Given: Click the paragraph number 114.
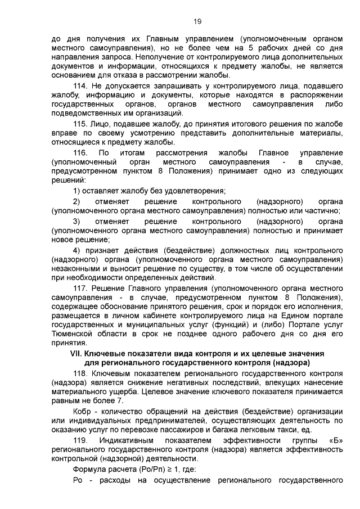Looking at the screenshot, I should [81, 85].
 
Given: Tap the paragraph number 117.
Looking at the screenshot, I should [81, 288].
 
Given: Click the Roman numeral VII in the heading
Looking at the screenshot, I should [75, 353].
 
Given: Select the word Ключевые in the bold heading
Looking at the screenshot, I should [103, 353].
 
